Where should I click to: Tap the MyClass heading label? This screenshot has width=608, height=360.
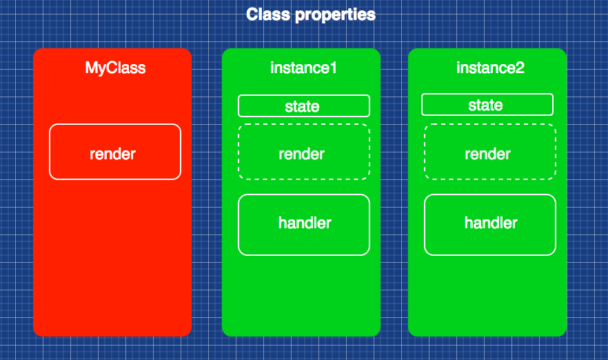click(115, 68)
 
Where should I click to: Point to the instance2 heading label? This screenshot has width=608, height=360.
click(490, 68)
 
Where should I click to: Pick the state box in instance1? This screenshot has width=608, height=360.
click(255, 106)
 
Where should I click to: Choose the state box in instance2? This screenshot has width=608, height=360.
click(441, 105)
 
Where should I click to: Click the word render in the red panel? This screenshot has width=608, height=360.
click(112, 154)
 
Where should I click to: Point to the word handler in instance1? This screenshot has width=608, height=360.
click(304, 223)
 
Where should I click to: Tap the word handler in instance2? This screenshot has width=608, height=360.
click(490, 223)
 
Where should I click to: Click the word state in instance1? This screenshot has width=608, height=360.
click(302, 106)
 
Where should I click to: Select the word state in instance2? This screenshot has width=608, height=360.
click(485, 106)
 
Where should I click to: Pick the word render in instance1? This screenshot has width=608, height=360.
click(301, 154)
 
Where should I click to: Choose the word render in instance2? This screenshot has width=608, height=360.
click(487, 154)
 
